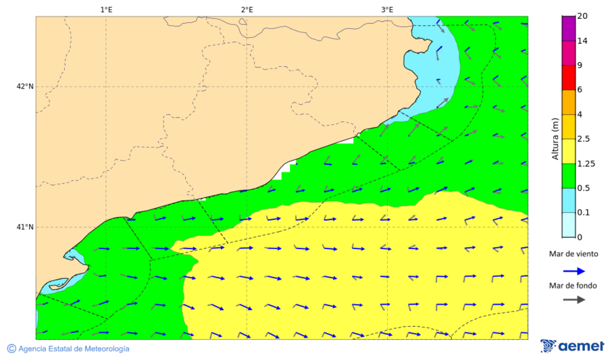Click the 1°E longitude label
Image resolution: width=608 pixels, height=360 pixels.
click(x=106, y=9)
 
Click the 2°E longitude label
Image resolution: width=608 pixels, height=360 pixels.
click(x=247, y=9)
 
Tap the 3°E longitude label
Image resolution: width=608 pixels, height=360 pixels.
click(x=387, y=9)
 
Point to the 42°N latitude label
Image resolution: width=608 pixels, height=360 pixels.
click(x=25, y=86)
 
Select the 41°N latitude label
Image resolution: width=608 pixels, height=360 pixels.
click(x=25, y=227)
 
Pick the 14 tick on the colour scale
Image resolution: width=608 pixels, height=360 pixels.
click(x=582, y=41)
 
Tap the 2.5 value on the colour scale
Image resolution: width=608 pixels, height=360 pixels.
click(x=584, y=139)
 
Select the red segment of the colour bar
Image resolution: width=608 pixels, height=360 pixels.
click(x=567, y=78)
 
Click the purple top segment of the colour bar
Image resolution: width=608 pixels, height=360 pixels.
click(x=567, y=28)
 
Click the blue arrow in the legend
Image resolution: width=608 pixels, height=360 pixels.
click(x=574, y=272)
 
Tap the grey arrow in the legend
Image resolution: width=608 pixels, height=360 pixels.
click(x=574, y=299)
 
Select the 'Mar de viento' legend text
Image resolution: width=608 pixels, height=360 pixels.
click(x=573, y=254)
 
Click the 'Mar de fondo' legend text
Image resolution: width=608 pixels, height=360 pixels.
click(x=573, y=286)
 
